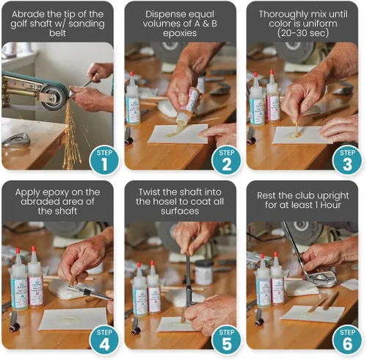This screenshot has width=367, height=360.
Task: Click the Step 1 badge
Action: coord(104,160)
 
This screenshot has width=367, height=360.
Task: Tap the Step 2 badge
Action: coord(226,160)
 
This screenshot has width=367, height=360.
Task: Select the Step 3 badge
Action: coord(347,160)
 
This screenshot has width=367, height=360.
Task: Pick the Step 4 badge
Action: coord(104,340)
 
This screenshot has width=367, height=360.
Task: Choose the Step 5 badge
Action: coord(226,340)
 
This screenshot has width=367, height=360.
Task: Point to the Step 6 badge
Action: coord(347,340)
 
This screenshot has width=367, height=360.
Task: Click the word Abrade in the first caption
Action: coord(27,14)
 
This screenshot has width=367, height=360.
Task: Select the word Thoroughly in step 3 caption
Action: coord(283,15)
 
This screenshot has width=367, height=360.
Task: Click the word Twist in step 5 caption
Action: coord(149,192)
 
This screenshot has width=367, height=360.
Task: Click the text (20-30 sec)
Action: coord(303,33)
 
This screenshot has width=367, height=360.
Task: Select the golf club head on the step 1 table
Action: coord(16,140)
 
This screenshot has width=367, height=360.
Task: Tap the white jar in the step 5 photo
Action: coord(203,273)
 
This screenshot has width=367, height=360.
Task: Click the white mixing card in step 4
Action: coord(73,319)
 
